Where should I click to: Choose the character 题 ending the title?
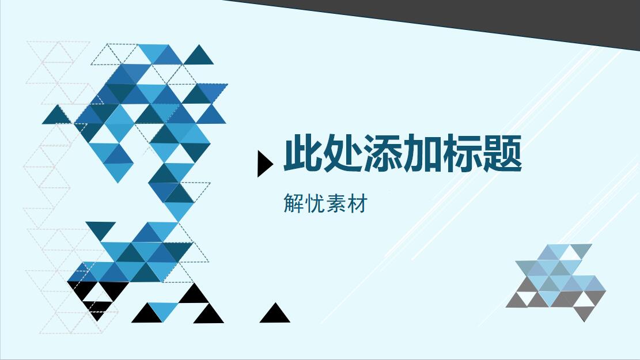tap(502, 153)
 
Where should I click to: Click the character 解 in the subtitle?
tap(294, 204)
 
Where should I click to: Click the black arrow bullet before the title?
tap(264, 164)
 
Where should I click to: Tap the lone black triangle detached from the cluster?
tap(275, 314)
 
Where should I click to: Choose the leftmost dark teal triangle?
tap(56, 116)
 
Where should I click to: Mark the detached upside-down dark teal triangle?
tap(100, 229)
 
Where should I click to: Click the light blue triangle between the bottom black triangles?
tap(164, 309)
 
